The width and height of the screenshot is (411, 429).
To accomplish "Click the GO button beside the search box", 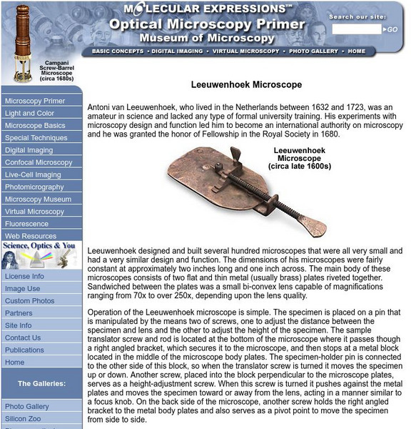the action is point(392,29).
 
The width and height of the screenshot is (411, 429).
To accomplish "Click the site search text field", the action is point(357,29).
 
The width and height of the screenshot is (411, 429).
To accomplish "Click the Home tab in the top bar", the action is point(357,51).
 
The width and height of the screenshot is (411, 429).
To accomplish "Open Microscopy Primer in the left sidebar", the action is point(35,101).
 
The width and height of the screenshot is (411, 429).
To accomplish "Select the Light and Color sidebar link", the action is point(29,113).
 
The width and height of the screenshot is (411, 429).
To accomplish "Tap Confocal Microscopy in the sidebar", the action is point(39,162).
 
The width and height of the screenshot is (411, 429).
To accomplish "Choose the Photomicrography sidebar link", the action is point(34,187).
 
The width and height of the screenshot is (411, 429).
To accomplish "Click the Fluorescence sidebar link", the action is point(27,224).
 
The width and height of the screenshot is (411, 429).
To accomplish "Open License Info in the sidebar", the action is point(24,276).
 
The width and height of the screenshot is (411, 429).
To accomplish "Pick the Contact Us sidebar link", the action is point(23,337).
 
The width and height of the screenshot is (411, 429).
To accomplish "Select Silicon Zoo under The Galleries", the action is point(24,418).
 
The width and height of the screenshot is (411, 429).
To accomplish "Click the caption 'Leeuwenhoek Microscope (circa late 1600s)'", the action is point(300,158).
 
